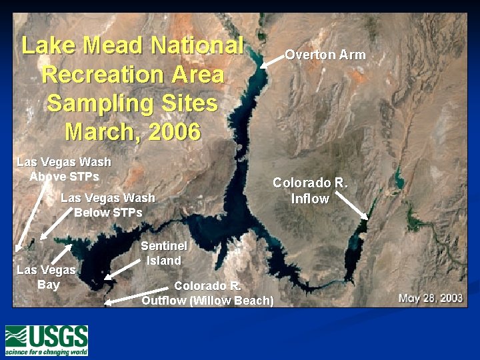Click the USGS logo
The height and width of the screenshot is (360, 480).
tap(47, 339)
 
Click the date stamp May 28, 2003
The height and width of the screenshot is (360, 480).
tap(430, 297)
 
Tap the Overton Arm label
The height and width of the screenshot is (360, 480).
tap(325, 55)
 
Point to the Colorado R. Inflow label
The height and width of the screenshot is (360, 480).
tap(310, 190)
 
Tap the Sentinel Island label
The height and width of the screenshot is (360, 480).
tap(159, 253)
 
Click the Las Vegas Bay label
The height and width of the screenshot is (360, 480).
tap(46, 277)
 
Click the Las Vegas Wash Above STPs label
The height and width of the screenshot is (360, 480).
tap(64, 169)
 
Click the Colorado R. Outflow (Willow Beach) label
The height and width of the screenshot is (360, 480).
tap(207, 293)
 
